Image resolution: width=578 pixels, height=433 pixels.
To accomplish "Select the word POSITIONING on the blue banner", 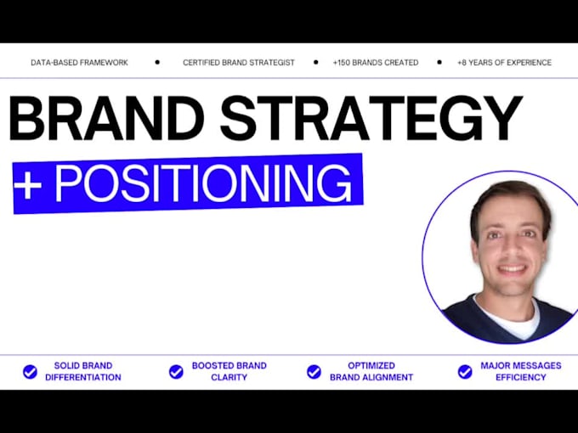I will (202, 182).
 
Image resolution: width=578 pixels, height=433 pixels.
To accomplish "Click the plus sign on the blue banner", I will (28, 184).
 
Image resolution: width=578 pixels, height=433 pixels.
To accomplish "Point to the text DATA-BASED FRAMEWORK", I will (78, 63).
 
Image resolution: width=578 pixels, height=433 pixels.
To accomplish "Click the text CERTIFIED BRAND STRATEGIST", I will (239, 63).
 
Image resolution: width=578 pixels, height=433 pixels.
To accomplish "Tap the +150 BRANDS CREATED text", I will (376, 63).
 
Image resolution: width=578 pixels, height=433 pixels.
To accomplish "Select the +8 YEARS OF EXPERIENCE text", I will (504, 63).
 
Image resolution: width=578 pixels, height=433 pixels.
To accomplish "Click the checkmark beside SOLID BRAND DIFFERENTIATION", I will (30, 371).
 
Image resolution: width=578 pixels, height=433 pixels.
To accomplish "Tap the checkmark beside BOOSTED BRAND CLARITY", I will (176, 371).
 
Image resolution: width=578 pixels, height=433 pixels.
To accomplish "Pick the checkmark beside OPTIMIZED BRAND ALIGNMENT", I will (314, 371).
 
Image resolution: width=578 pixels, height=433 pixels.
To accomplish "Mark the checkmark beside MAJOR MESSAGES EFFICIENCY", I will (465, 371).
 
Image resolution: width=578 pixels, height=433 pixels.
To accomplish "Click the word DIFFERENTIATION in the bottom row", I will (82, 377).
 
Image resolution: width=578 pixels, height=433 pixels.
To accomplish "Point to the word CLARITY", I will (229, 377).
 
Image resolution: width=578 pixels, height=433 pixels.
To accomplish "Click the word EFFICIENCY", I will (521, 377).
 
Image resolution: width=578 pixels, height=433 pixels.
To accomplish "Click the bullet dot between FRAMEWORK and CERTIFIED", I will (157, 62).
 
